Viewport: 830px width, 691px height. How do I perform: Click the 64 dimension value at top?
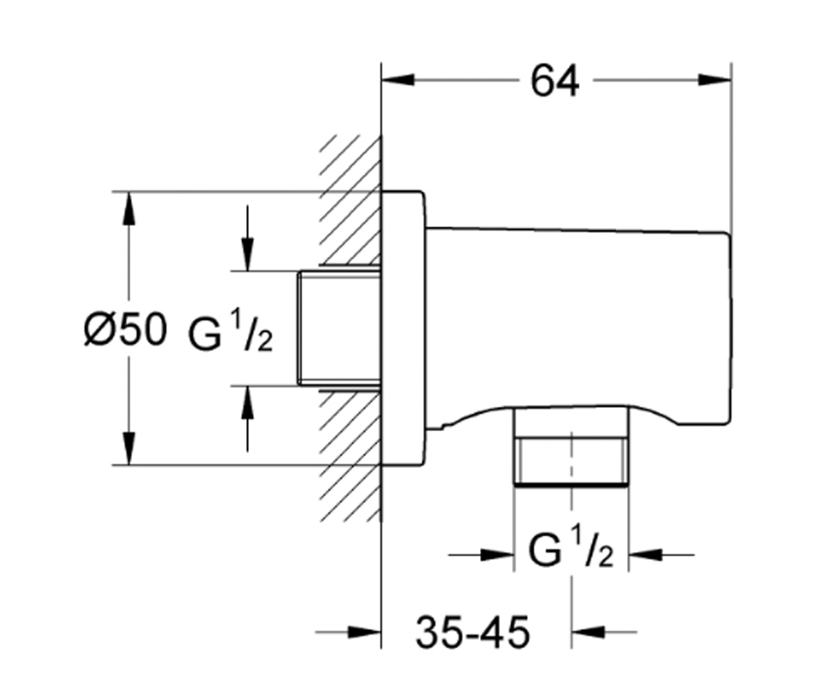coord(555,82)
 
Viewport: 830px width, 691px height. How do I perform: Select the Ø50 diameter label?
coord(125,329)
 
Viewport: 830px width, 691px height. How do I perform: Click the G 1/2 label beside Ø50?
coord(230,332)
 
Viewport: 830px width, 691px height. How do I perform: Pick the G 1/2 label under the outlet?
coord(571,547)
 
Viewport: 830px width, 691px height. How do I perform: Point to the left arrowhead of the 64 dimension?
coord(398,80)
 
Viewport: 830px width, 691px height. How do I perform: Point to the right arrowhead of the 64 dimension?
coord(715,80)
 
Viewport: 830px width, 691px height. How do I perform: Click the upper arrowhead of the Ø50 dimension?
coord(129,209)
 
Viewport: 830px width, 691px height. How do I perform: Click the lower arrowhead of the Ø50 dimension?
coord(129,448)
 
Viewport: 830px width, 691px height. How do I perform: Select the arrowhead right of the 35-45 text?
coord(588,632)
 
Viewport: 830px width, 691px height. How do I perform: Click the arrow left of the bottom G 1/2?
coord(481,555)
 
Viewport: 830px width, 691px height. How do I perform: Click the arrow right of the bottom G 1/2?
coord(661,555)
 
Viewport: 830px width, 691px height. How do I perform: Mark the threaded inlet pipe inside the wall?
coord(339,328)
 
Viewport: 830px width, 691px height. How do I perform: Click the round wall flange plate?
coord(403,328)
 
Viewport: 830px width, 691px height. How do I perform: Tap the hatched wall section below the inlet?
coord(350,456)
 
